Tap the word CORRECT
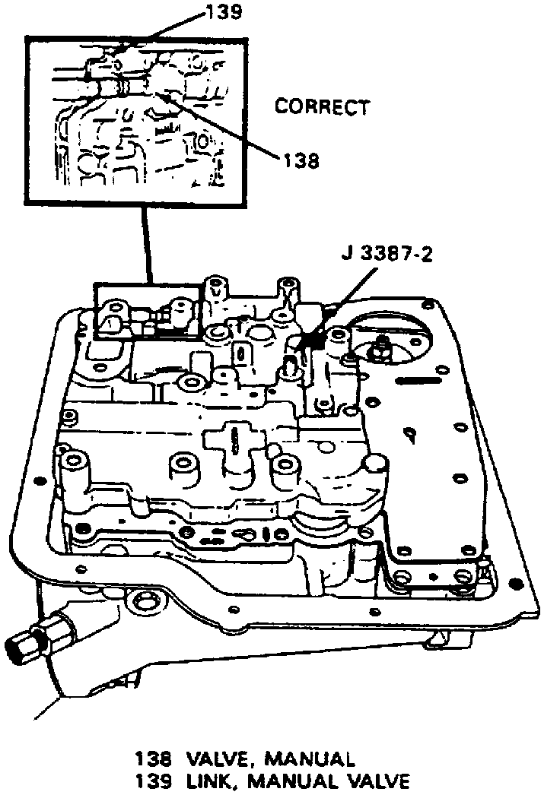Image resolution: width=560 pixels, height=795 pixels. click(x=322, y=107)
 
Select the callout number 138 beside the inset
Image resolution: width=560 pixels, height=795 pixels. click(x=301, y=160)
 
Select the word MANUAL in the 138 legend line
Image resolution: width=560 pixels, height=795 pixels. click(x=305, y=759)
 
